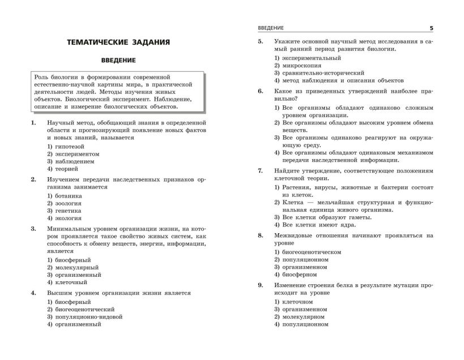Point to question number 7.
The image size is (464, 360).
pyautogui.click(x=260, y=170)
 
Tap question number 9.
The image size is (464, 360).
pyautogui.click(x=260, y=285)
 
